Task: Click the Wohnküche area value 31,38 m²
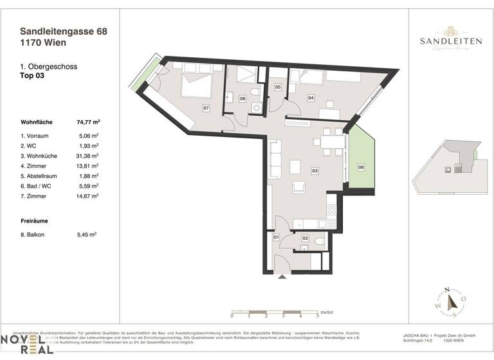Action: click(x=87, y=156)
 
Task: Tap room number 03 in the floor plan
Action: click(x=315, y=171)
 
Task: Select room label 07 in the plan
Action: click(x=206, y=108)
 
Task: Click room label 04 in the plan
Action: click(x=311, y=98)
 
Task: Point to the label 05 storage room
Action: click(x=278, y=87)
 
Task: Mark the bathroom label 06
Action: click(x=242, y=98)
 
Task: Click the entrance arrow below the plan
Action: click(x=281, y=277)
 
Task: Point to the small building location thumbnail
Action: click(x=453, y=166)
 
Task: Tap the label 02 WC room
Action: click(x=306, y=238)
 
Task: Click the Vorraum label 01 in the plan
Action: click(x=277, y=238)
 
